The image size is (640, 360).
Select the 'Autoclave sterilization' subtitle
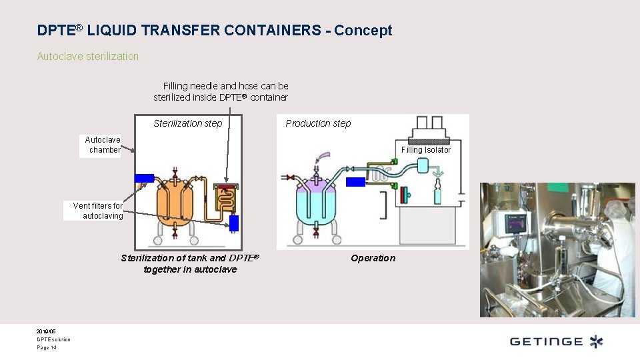click(88, 57)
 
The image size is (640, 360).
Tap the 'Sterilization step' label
click(187, 123)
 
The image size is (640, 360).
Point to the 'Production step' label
click(318, 123)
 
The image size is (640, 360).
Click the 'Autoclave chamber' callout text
click(103, 145)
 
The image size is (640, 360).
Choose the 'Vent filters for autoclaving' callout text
click(97, 211)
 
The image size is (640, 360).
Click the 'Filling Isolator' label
click(425, 150)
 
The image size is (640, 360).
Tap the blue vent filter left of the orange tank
click(145, 178)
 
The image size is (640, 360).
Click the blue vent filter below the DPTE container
click(234, 223)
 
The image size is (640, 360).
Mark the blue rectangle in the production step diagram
click(355, 181)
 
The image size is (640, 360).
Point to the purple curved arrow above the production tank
click(323, 156)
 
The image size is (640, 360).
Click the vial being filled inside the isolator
click(438, 195)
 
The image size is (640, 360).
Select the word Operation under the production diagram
click(373, 259)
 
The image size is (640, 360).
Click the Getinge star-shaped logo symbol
click(596, 342)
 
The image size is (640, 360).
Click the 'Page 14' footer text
click(47, 348)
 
